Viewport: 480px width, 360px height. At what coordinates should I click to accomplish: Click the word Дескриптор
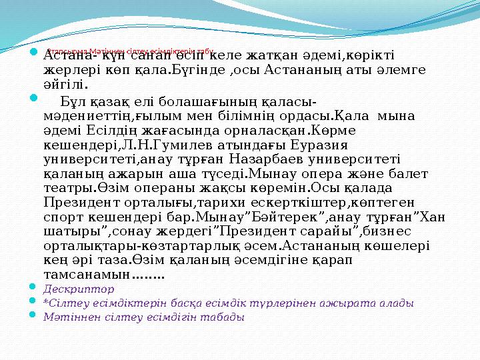pos(79,289)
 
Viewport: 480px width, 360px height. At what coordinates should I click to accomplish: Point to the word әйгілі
pos(66,84)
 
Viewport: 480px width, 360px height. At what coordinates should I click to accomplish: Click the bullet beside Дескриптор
pos(34,288)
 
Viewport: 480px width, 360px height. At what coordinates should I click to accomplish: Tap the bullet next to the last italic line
pos(34,316)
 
